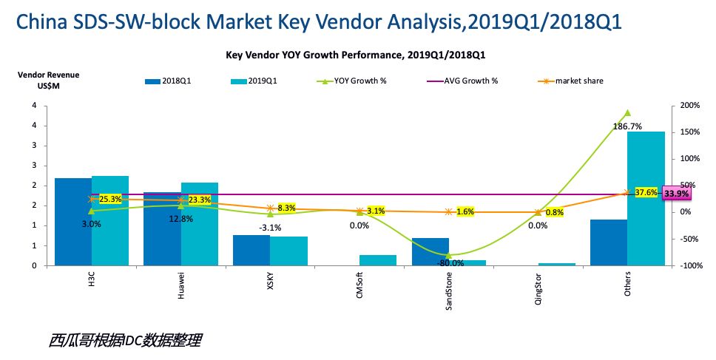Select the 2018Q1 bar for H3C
[x=72, y=222]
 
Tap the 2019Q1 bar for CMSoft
[x=377, y=259]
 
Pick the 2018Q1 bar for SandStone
[x=430, y=251]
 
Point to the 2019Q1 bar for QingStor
[x=556, y=263]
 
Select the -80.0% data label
[x=450, y=262]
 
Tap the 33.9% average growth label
[x=676, y=194]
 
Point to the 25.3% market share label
[x=109, y=199]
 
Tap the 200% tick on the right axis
[x=689, y=106]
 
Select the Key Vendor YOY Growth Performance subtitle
[x=354, y=55]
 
